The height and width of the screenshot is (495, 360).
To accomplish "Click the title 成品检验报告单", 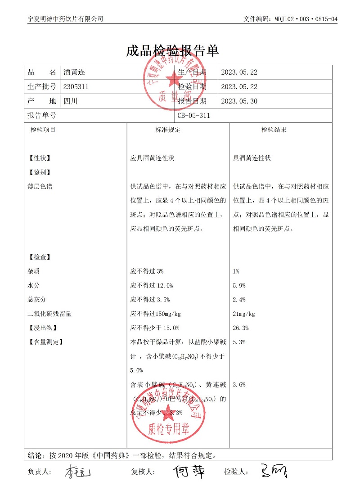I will click(173, 51).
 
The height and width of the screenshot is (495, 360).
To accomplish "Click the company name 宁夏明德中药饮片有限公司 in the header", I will click(65, 19).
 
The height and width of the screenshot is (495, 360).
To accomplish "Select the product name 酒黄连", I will click(74, 72).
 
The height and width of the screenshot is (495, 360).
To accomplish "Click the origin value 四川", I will click(71, 101).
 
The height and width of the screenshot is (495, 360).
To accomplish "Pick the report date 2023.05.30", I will click(239, 101).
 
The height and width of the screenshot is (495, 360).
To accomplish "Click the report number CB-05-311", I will click(194, 116).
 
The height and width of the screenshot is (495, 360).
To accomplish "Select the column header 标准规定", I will click(168, 130).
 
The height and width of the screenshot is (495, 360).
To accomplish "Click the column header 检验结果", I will click(274, 130).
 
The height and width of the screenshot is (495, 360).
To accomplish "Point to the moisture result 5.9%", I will click(239, 285).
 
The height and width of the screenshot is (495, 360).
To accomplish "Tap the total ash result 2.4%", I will click(239, 300).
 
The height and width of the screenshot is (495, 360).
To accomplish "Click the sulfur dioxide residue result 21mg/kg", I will click(244, 314).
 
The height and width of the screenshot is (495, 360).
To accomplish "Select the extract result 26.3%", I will click(241, 328).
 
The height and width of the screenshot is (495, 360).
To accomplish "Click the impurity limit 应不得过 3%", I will click(147, 271).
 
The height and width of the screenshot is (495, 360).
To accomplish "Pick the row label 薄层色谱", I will click(40, 186).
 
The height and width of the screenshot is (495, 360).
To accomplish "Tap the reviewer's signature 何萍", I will click(189, 472).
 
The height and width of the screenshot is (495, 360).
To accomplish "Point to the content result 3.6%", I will click(239, 385).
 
